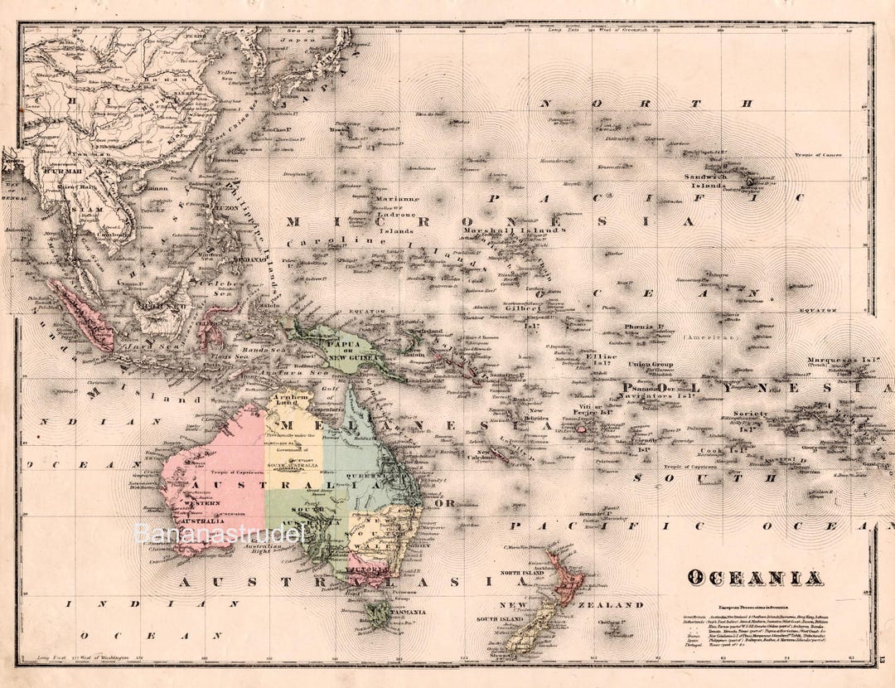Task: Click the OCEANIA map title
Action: pos(754,578)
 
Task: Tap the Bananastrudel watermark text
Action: pos(220,532)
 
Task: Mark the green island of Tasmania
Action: pos(379,614)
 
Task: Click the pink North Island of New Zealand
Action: pos(567,580)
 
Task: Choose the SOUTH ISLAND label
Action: pos(501,619)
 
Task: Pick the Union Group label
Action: pos(650,364)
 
